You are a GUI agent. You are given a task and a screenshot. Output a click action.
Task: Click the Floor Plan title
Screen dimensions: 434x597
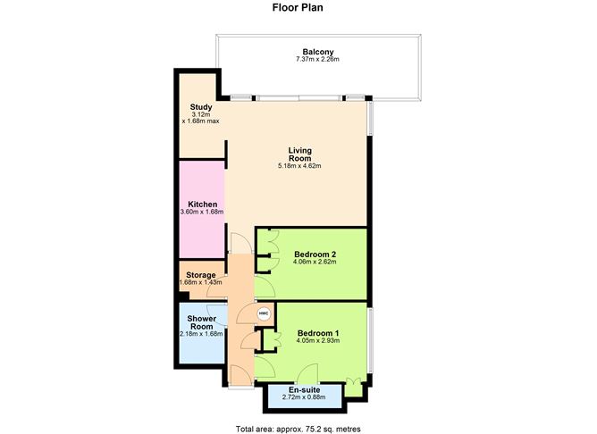click(298, 8)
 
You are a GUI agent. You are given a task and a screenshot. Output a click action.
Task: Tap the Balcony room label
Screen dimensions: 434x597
click(317, 51)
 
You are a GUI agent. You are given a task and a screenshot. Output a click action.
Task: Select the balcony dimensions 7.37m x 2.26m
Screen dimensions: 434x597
click(317, 60)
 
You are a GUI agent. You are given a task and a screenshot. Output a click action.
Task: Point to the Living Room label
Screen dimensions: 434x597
click(299, 154)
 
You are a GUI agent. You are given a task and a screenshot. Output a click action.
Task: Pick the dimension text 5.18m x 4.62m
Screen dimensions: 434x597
click(299, 166)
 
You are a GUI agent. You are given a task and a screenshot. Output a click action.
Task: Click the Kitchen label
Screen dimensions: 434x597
click(201, 204)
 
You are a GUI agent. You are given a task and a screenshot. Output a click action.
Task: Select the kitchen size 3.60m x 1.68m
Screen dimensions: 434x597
click(201, 213)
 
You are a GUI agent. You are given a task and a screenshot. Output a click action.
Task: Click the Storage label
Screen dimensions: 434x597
click(201, 274)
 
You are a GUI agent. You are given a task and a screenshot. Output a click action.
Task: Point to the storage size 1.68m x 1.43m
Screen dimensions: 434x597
click(201, 283)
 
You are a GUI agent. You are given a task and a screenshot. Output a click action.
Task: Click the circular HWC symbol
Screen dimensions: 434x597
click(264, 313)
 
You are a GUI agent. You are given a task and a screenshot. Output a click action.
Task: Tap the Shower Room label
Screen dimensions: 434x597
click(201, 322)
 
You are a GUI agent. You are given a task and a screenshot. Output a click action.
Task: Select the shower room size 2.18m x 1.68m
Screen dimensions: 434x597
click(201, 334)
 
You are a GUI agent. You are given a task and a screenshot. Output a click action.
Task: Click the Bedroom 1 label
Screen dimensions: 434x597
click(317, 332)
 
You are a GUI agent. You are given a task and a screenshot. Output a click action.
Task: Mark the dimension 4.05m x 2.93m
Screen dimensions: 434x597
click(317, 341)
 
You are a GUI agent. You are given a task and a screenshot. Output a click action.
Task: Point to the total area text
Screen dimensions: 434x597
click(298, 429)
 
